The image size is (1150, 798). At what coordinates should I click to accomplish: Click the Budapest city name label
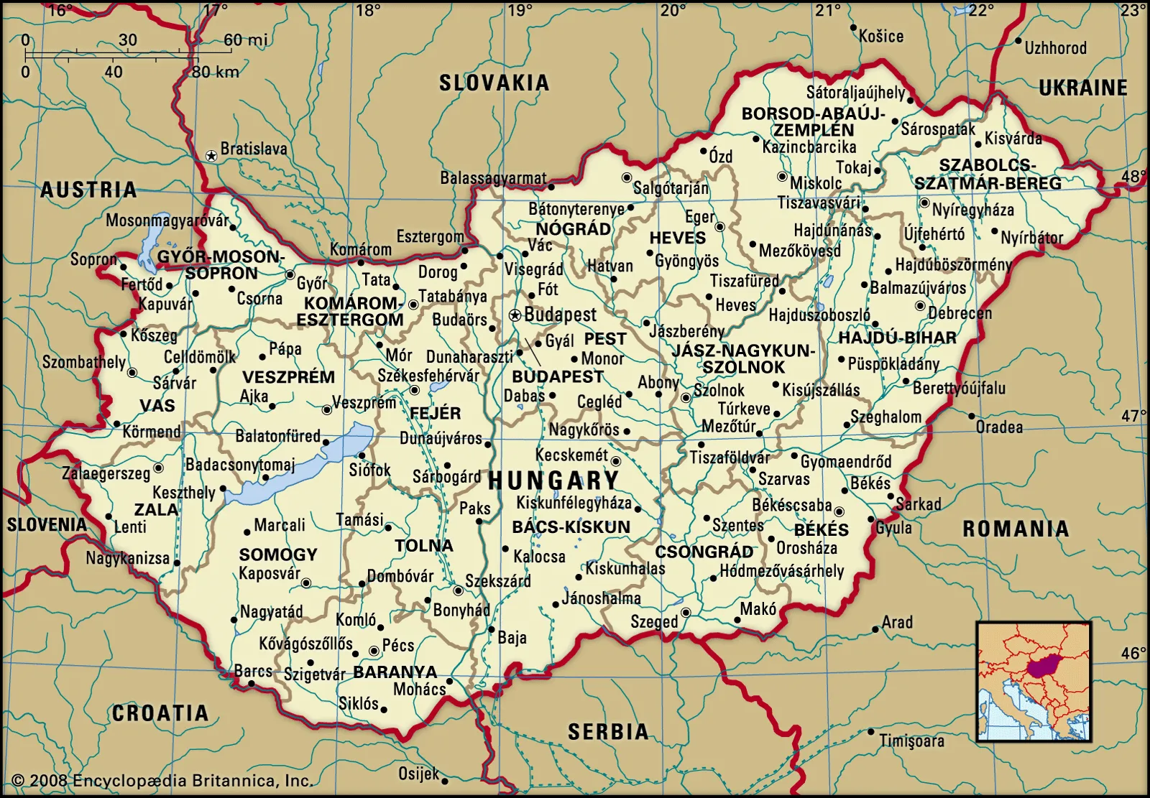coord(560,315)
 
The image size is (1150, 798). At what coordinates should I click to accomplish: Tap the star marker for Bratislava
coord(211,155)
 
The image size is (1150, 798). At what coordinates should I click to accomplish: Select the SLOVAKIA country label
coord(494,83)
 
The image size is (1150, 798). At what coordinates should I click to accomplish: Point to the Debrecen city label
coord(960,313)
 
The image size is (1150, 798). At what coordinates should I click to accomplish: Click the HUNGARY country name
coord(553,481)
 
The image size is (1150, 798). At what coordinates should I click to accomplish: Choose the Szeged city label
coord(653,622)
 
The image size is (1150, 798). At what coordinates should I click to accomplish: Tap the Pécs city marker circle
coord(373,651)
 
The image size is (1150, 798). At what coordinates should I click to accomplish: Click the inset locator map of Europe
coord(1034,681)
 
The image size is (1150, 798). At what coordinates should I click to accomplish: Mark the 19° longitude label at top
coord(520,11)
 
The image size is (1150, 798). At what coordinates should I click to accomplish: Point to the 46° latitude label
coord(1133,653)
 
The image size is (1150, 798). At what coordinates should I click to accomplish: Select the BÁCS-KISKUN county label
coord(571,527)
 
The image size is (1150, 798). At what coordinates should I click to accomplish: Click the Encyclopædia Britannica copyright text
coord(162,781)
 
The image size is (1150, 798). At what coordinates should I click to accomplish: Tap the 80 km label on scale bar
coord(215,72)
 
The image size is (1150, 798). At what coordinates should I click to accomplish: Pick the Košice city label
coord(881,36)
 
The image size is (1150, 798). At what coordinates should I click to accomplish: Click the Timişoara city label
coord(911,741)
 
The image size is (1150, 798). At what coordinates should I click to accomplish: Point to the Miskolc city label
coord(816,183)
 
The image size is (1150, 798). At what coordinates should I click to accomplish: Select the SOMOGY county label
coord(278,555)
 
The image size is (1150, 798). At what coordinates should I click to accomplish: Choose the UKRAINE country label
coord(1082,88)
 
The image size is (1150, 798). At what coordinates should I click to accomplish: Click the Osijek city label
coord(418,774)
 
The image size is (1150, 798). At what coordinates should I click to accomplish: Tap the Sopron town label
coord(93,259)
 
